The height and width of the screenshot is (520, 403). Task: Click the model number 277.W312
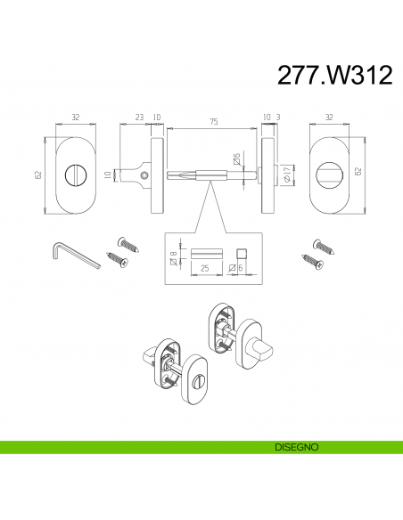point(334,75)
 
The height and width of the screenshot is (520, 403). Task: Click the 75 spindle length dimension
point(214,122)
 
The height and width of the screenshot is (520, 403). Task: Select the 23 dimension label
point(139,117)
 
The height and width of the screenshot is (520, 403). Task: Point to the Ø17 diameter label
point(287,174)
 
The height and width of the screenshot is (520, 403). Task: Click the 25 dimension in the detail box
point(205,268)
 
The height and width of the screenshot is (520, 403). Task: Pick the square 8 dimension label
point(173,258)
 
